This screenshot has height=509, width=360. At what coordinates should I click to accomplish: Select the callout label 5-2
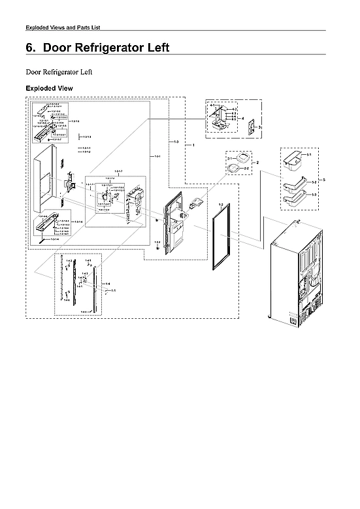click(x=314, y=180)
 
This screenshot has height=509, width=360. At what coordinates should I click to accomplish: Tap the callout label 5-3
click(x=314, y=195)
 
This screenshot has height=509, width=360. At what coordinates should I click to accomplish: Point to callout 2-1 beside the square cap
click(x=230, y=159)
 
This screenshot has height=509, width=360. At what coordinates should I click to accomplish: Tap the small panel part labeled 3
click(x=248, y=126)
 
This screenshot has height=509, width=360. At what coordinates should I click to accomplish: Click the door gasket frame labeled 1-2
click(x=218, y=239)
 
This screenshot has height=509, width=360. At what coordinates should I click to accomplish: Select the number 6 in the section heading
click(x=29, y=48)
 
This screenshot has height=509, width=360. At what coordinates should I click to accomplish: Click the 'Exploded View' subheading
click(x=48, y=88)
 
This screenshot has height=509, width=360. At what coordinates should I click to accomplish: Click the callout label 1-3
click(x=176, y=142)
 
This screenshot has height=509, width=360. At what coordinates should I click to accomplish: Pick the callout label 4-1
click(x=212, y=105)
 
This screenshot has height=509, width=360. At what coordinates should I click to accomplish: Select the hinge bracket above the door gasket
click(x=197, y=203)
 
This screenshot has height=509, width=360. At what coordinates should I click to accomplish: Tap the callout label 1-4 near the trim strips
click(x=107, y=283)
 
